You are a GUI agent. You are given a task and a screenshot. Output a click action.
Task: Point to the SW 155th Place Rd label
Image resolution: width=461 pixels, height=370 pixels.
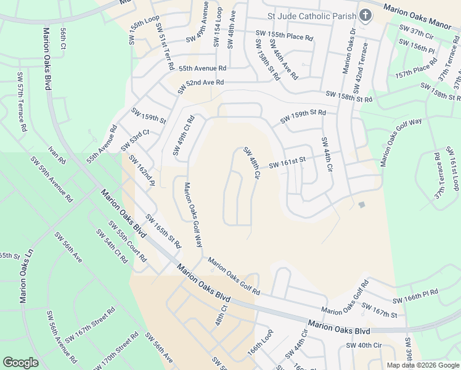285,37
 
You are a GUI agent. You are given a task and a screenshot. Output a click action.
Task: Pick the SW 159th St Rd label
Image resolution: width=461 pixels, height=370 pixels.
303,115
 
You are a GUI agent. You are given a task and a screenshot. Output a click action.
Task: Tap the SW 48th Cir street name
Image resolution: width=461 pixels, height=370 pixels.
251,163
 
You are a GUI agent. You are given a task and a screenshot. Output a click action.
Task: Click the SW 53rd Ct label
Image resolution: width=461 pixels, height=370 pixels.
135,141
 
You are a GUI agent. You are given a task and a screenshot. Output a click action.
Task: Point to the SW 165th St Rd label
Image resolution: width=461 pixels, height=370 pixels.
163,231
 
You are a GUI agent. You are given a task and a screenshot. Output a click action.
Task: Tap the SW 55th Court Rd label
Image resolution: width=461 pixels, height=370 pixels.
126,242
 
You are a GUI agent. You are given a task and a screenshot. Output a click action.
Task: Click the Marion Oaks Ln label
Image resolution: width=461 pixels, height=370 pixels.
24,276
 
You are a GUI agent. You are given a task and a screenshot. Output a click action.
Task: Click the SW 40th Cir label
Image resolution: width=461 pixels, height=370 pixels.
364,345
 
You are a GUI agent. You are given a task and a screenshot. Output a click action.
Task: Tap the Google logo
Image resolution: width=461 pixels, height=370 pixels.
21,362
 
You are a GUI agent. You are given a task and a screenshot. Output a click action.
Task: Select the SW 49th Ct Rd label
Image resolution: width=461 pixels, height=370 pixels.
184,135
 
